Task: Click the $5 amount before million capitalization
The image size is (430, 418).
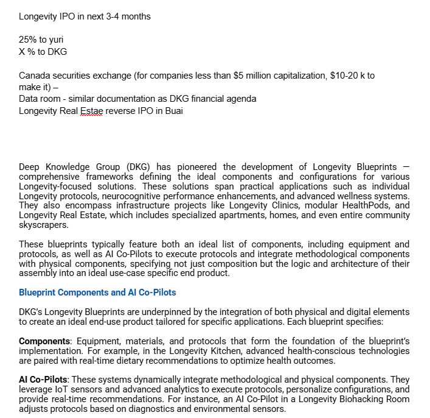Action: pos(249,76)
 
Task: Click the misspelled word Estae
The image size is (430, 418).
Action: pos(92,111)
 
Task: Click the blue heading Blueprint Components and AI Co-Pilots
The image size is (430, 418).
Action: pos(97,292)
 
